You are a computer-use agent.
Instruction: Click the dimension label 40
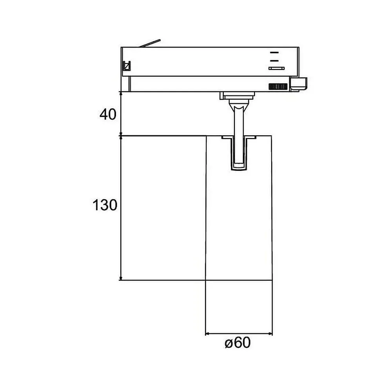click(108, 114)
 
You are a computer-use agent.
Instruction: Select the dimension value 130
click(105, 205)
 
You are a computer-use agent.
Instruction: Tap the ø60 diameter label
click(238, 343)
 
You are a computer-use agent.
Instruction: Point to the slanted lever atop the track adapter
click(150, 43)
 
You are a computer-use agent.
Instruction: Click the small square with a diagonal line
click(127, 66)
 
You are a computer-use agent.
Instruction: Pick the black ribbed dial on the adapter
click(278, 87)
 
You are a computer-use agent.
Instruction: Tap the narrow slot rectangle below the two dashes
click(276, 68)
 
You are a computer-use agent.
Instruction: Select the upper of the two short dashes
click(274, 53)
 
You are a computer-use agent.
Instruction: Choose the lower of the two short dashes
click(274, 60)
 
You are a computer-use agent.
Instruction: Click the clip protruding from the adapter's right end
click(298, 84)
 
